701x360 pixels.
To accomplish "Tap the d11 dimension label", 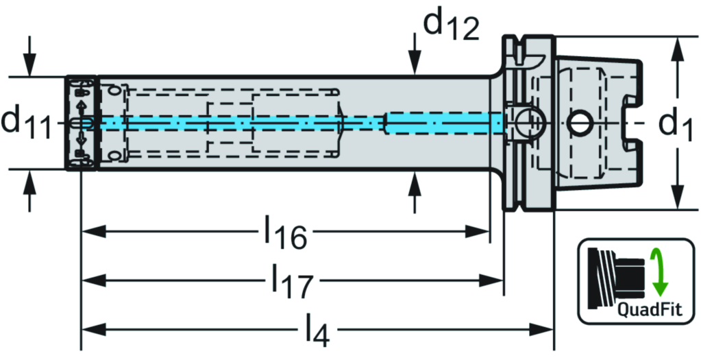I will click(x=27, y=123).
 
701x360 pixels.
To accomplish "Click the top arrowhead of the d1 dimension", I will click(x=677, y=49).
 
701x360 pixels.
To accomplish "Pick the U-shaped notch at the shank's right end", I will click(x=630, y=123).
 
